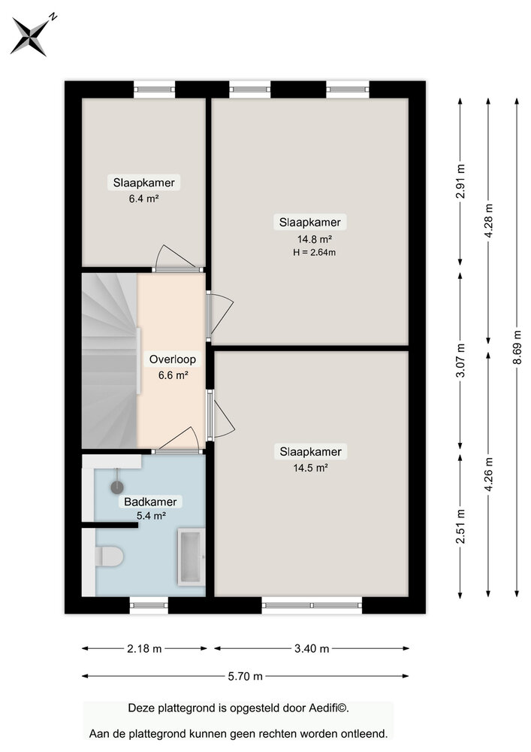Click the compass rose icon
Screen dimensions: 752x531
(30, 35)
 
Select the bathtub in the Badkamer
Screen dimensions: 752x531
(191, 556)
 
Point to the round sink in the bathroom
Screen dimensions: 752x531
(117, 487)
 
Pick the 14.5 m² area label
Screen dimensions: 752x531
(310, 467)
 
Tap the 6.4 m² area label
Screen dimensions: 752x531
(144, 199)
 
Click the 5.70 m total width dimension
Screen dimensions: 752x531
(246, 676)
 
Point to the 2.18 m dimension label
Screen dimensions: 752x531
(144, 648)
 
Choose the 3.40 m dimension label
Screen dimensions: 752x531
(311, 648)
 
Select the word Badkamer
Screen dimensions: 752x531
(150, 502)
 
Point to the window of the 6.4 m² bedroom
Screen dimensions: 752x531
(155, 89)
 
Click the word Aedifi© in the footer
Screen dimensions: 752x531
(327, 708)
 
